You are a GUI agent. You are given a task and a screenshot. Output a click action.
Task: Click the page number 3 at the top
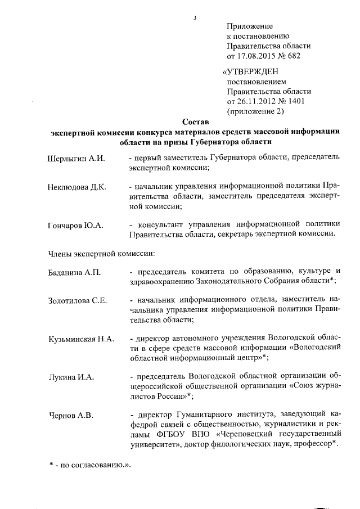coord(194,17)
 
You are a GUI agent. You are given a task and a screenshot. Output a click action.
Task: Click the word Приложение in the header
coord(250,26)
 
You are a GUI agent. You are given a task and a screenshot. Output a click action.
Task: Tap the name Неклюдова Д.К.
coord(78,186)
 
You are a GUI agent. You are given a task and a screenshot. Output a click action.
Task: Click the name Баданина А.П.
coord(74,272)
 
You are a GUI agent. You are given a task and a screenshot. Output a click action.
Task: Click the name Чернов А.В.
coord(70,416)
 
